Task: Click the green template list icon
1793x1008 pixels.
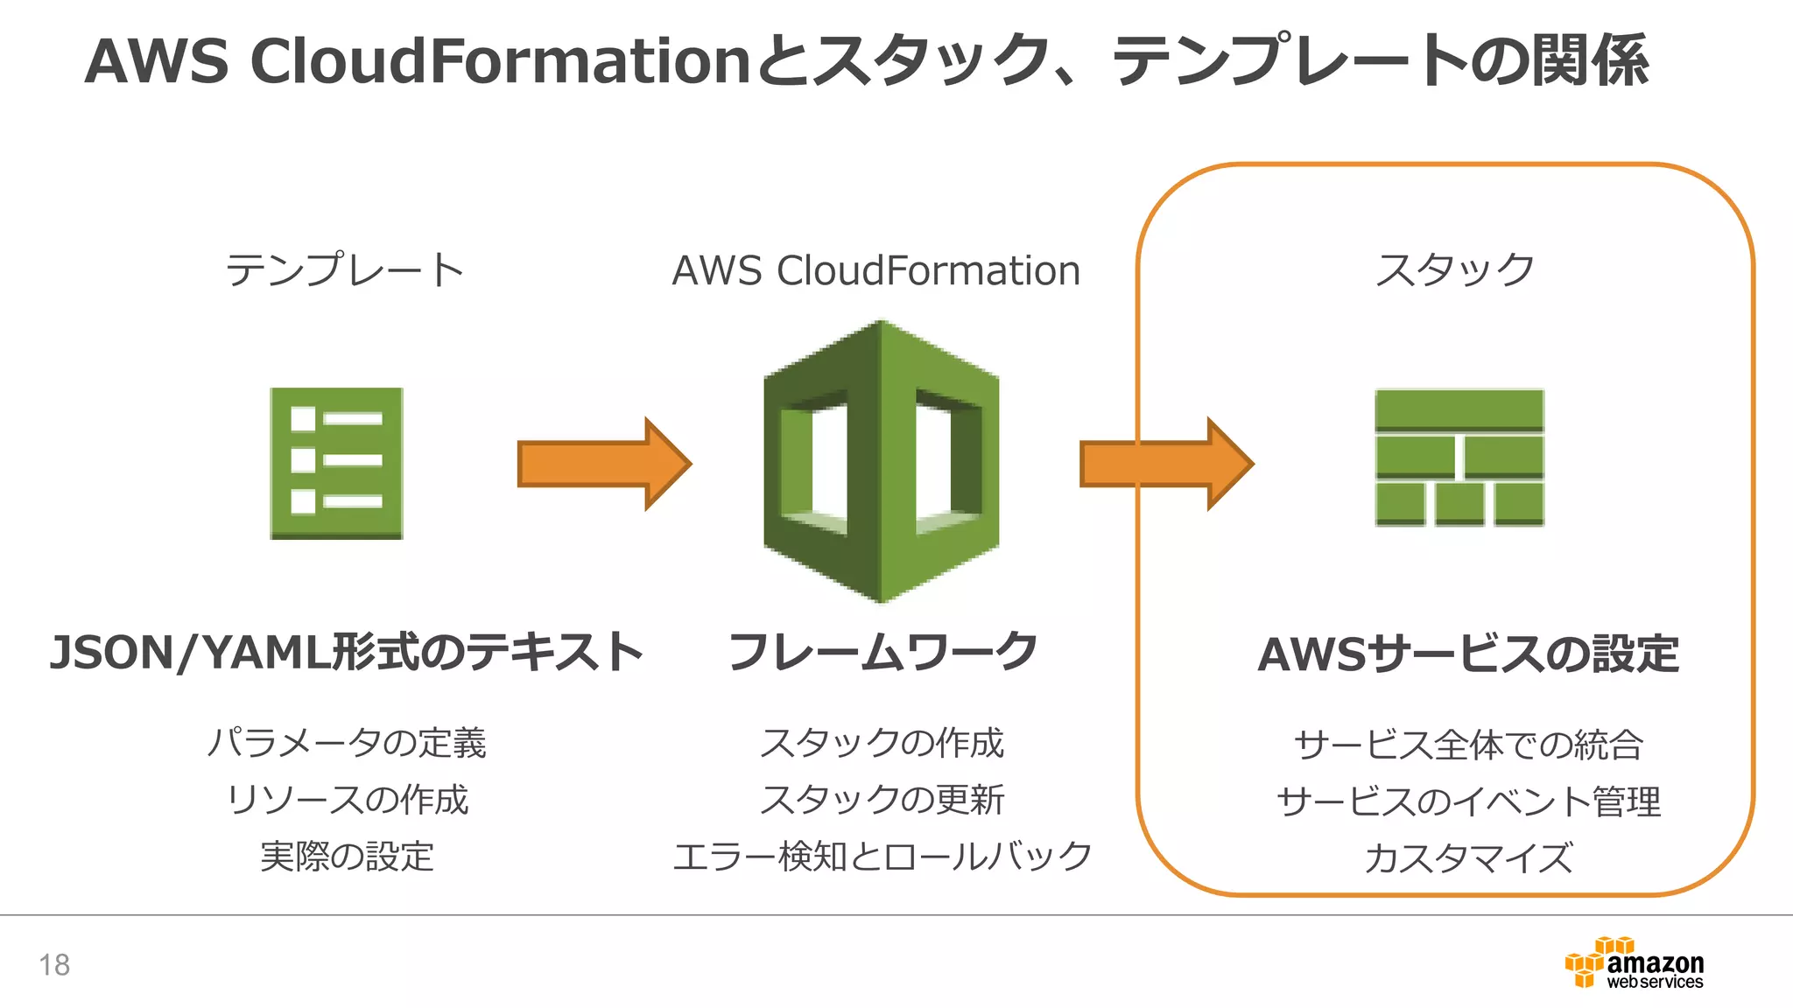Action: click(336, 463)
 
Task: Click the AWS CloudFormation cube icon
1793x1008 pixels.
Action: click(881, 461)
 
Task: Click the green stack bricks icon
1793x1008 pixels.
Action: click(1459, 458)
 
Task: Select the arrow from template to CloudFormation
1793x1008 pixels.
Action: click(604, 464)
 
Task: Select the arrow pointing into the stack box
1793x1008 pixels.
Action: click(1166, 464)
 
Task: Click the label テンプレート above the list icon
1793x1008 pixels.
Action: click(345, 270)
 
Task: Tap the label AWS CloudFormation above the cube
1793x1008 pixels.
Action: click(875, 270)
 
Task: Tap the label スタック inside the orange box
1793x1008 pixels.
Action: click(1454, 270)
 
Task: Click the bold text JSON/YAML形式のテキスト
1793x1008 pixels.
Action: click(347, 653)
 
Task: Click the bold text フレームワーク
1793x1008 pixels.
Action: click(882, 653)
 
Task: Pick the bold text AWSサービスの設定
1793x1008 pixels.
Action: click(1468, 654)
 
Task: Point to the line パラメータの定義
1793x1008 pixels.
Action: click(347, 743)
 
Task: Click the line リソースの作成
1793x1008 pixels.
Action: click(347, 800)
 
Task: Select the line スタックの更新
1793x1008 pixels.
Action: click(882, 800)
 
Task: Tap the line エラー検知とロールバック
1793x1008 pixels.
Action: click(882, 857)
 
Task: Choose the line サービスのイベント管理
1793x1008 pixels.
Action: click(1468, 801)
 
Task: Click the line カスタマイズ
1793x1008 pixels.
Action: click(1468, 858)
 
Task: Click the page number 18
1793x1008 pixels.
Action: click(54, 965)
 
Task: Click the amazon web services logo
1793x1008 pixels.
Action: click(1634, 964)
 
